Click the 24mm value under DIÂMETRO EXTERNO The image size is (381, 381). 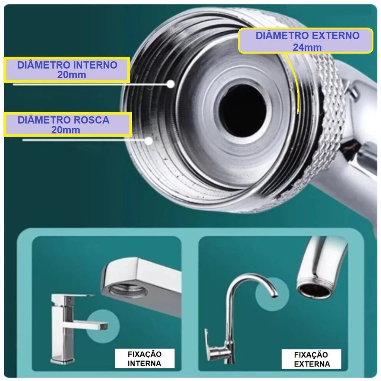[307, 47]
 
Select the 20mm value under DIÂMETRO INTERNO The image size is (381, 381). [72, 74]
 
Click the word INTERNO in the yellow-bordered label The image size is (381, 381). [95, 65]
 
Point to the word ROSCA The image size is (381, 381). [90, 120]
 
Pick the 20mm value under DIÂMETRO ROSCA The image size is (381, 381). [65, 130]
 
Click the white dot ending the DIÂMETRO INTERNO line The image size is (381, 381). [171, 84]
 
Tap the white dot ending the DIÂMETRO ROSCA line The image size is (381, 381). [149, 141]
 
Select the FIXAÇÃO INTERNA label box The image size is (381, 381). [145, 358]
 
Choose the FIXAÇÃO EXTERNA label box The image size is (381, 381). [311, 359]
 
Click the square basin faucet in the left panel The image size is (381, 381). [73, 328]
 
